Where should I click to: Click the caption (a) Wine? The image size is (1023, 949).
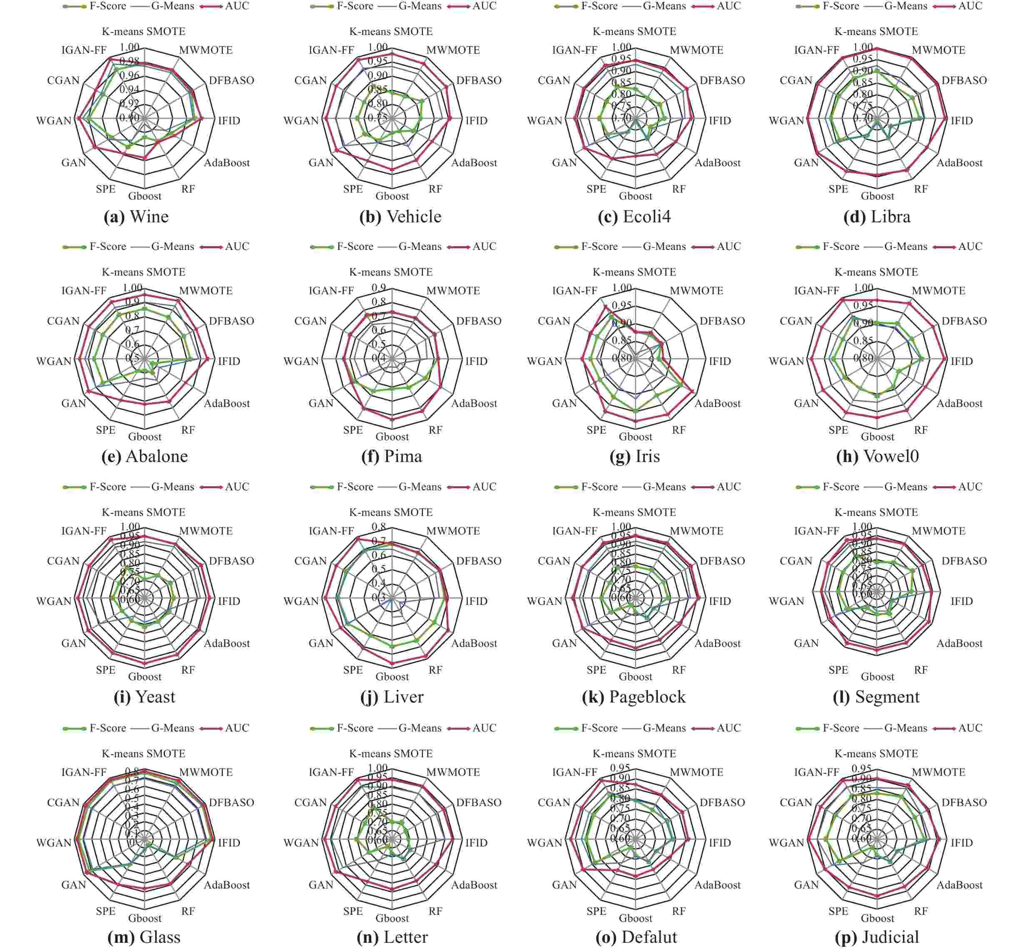coord(136,217)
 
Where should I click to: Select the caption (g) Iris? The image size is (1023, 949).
coord(635,457)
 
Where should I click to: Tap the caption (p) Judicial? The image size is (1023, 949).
coord(877,937)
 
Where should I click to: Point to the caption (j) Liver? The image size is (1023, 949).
coord(392,697)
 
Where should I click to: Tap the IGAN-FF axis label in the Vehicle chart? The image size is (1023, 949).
coord(331,50)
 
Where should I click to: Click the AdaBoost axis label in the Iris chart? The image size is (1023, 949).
coord(717,404)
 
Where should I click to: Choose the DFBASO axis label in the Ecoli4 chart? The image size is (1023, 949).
coord(722,81)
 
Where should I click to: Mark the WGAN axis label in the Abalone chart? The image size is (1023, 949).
coord(54,362)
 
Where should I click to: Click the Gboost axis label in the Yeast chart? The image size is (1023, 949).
coord(145,677)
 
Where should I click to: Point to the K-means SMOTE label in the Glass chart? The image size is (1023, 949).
coord(144,754)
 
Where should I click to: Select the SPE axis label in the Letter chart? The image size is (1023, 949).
coord(353,912)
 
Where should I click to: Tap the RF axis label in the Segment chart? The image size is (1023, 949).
coord(921,670)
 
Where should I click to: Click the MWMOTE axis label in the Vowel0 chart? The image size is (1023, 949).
coord(939,291)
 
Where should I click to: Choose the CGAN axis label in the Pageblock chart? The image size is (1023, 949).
coord(554,561)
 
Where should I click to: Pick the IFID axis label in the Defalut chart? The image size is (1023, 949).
coord(719,843)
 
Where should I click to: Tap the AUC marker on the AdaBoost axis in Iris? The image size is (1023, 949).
coord(694,392)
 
